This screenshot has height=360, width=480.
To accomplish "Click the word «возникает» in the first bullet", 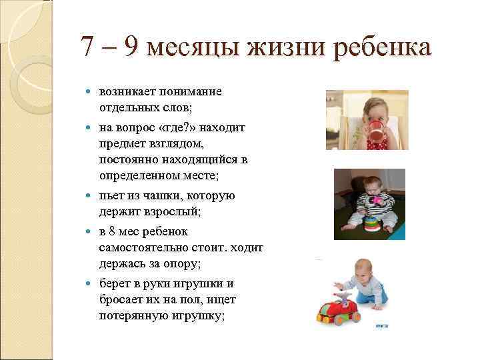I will pos(128,91).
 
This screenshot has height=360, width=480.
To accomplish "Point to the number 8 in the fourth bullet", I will pos(113,232).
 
